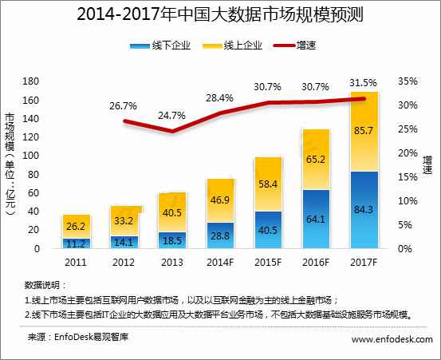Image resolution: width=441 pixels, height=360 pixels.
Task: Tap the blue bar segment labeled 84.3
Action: pos(364,211)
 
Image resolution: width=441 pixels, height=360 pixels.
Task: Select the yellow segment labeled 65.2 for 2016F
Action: pos(316,160)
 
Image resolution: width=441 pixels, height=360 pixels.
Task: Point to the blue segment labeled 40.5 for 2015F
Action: pos(268,231)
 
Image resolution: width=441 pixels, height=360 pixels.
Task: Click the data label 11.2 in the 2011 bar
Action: pos(77,243)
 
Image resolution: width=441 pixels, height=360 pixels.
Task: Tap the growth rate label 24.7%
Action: pos(172,116)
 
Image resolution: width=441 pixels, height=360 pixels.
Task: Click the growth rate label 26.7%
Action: pos(124,105)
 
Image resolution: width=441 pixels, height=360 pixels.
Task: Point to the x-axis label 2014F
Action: pos(220,262)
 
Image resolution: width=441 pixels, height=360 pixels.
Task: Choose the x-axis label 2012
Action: pos(124,262)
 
